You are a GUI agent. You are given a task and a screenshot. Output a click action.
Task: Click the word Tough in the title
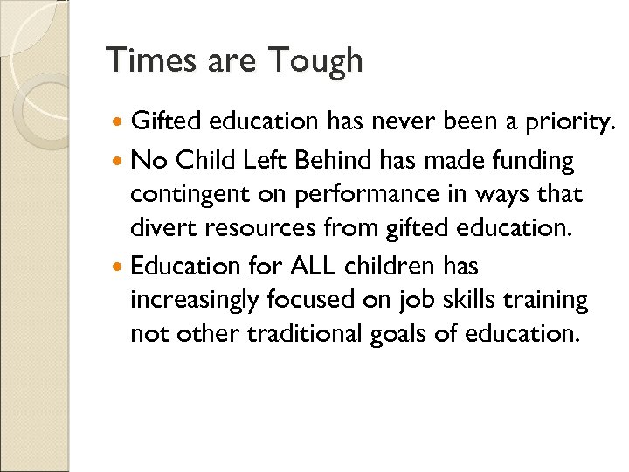point(315,61)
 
